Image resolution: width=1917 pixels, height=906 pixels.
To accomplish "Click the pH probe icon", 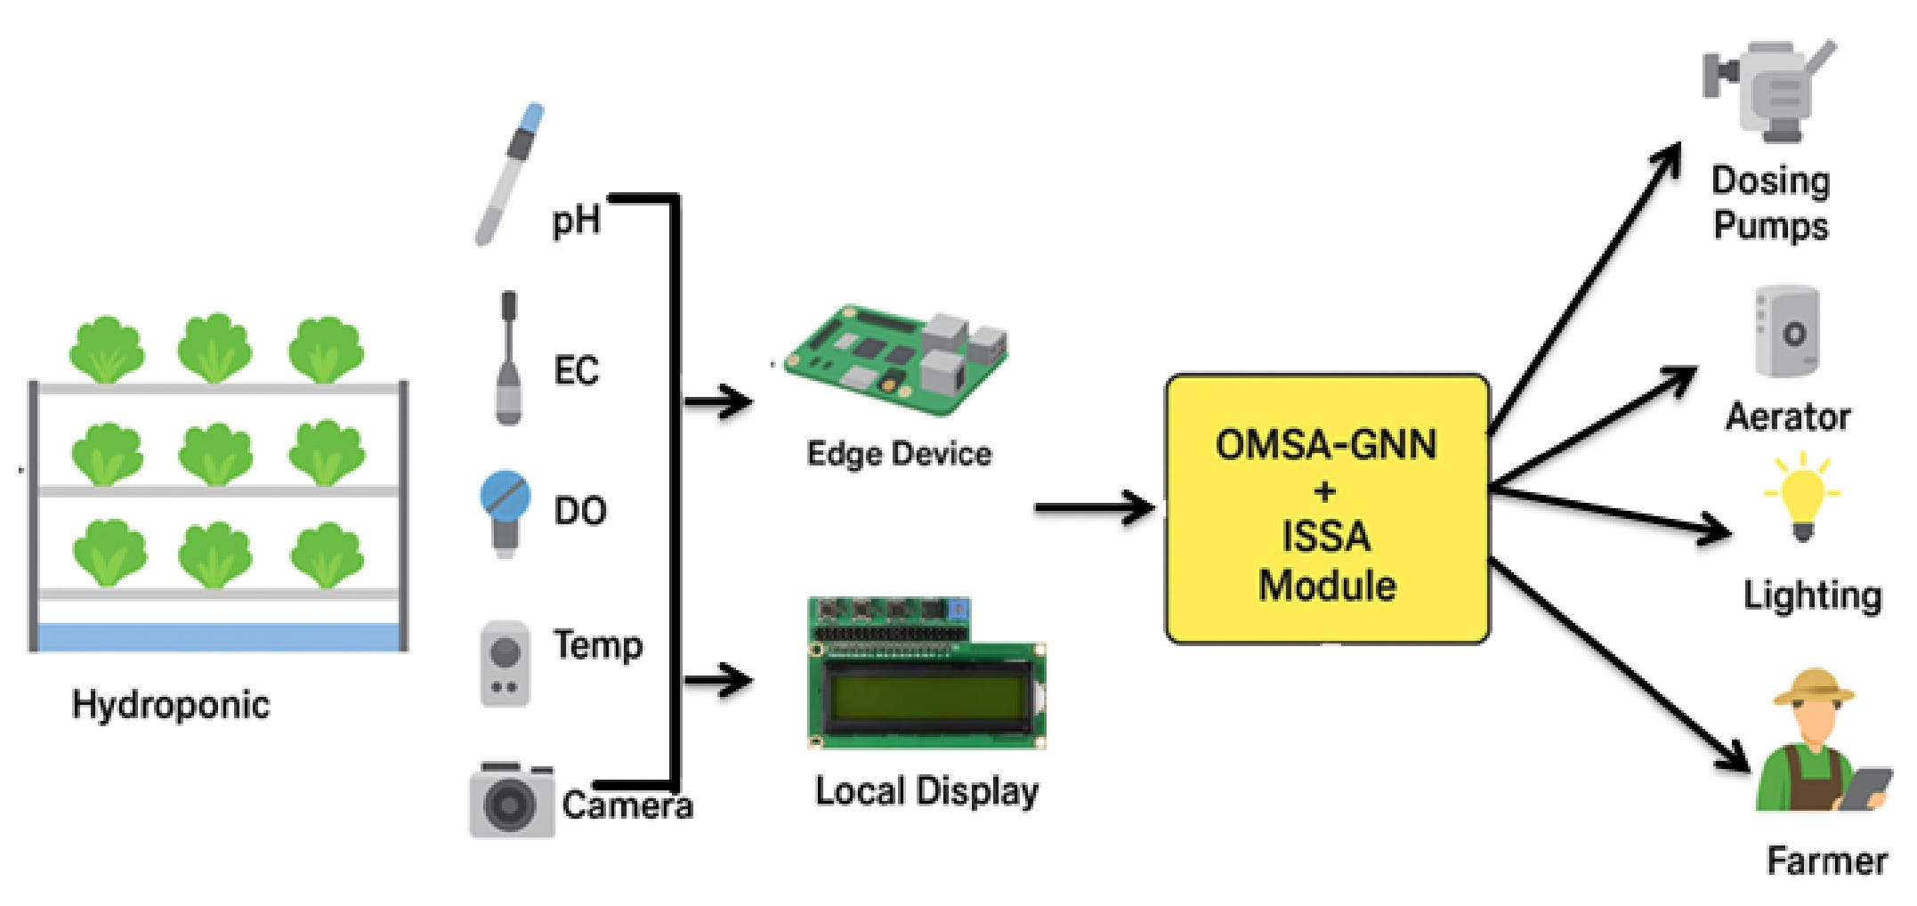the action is click(509, 174).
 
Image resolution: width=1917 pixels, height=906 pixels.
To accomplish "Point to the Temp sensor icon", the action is click(505, 664).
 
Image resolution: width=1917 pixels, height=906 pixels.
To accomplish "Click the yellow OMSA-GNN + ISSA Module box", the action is click(1327, 508).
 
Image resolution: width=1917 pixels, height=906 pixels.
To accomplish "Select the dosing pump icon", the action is click(1767, 90).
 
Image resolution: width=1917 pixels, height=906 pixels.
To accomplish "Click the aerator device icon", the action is click(1787, 332).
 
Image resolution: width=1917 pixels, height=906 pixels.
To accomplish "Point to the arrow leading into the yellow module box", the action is click(1096, 508).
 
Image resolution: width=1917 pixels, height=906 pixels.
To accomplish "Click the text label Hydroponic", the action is click(171, 705).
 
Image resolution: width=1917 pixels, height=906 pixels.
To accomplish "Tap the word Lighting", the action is click(1813, 595).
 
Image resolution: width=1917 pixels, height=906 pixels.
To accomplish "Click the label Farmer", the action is click(1826, 861).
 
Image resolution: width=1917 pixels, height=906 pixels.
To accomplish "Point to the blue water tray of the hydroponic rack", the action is click(218, 637).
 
